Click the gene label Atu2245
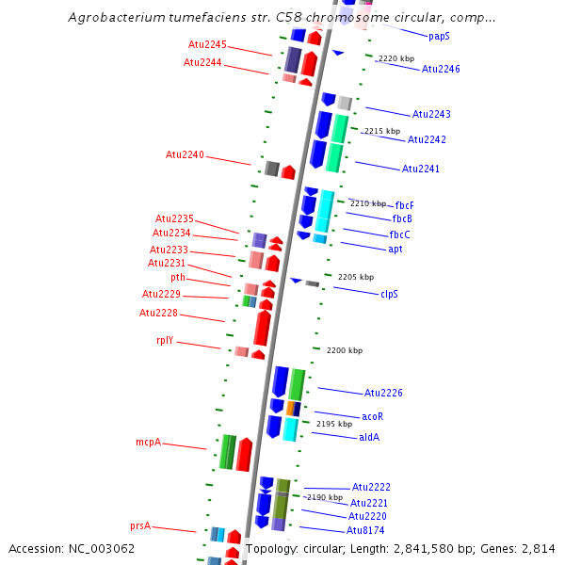(x=207, y=44)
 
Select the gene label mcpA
(x=148, y=442)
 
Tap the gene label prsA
(x=140, y=526)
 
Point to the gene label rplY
(x=165, y=341)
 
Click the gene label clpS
(x=389, y=294)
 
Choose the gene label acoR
(x=373, y=416)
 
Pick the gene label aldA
(x=369, y=437)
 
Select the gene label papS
(x=439, y=37)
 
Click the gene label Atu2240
(x=185, y=154)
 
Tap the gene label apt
(x=395, y=249)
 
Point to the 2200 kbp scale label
(x=345, y=350)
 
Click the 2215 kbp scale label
(x=382, y=131)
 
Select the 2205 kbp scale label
(x=356, y=277)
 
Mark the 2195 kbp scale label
(x=333, y=424)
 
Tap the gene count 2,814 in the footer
(x=538, y=548)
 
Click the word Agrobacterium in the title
(x=114, y=18)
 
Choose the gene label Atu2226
(x=383, y=393)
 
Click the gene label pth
(x=178, y=278)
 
